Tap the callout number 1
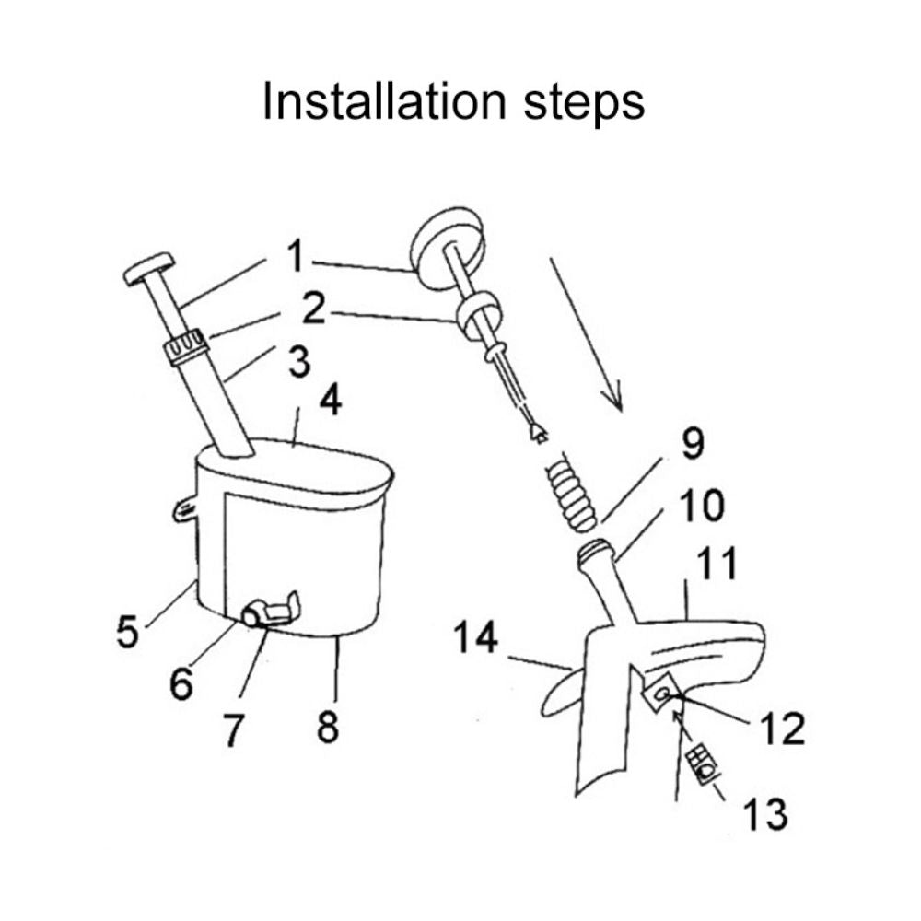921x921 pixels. (295, 259)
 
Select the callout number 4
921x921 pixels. (329, 402)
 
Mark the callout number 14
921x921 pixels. (475, 637)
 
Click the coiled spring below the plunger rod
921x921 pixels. (569, 495)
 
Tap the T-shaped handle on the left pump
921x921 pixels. (149, 268)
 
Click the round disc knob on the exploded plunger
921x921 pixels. (447, 238)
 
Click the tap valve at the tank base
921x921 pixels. (267, 611)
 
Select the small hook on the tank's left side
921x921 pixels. (185, 507)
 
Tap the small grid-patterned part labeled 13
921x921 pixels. (702, 764)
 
